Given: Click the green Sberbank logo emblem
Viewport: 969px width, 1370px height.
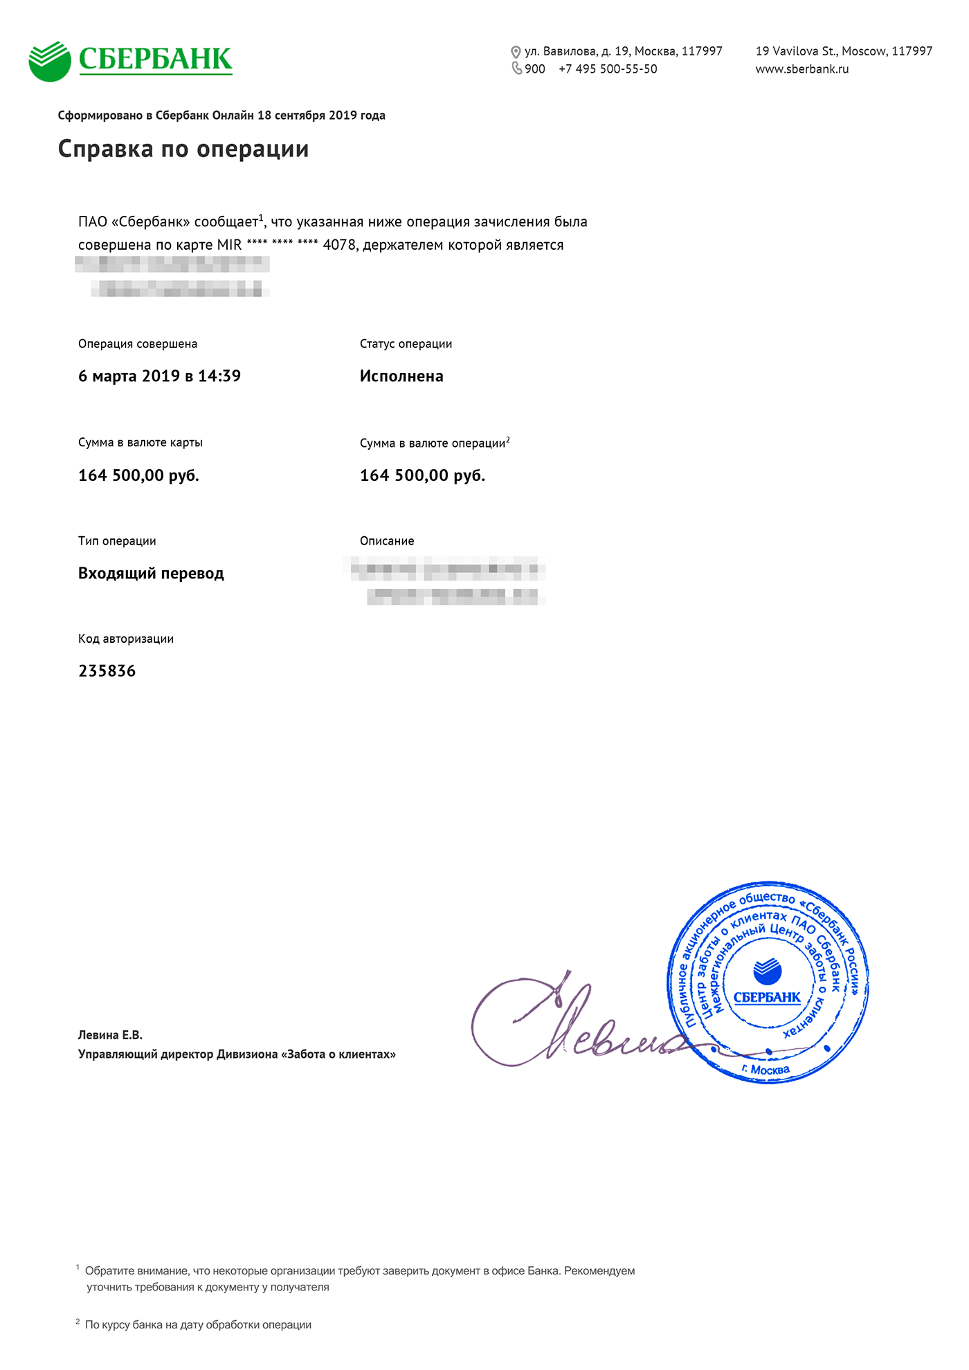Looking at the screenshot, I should pyautogui.click(x=50, y=61).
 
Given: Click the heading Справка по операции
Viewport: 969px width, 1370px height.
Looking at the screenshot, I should pyautogui.click(x=183, y=149).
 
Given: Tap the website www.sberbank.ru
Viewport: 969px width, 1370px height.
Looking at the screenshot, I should pyautogui.click(x=802, y=69).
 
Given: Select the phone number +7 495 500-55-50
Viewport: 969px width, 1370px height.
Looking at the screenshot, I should pyautogui.click(x=608, y=69).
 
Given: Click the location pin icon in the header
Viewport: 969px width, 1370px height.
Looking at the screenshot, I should pyautogui.click(x=516, y=52).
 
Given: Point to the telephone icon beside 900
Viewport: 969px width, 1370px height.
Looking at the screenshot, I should pyautogui.click(x=516, y=68).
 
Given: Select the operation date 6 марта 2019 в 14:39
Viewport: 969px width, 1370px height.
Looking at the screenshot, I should pyautogui.click(x=159, y=376).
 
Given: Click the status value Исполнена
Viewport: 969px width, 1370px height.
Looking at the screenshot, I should pyautogui.click(x=401, y=376).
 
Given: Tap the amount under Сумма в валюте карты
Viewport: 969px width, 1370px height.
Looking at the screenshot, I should pyautogui.click(x=138, y=475).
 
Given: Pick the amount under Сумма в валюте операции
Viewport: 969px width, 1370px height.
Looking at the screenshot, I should pyautogui.click(x=422, y=475).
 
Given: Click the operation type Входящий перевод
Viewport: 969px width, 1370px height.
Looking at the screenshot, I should pyautogui.click(x=151, y=574).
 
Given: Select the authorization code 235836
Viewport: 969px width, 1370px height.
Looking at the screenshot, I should pyautogui.click(x=107, y=671).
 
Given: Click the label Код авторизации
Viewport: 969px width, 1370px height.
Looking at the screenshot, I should pyautogui.click(x=126, y=639).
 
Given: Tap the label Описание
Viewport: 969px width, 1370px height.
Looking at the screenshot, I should pyautogui.click(x=387, y=541).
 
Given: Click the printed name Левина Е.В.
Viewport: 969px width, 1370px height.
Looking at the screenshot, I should pyautogui.click(x=110, y=1035).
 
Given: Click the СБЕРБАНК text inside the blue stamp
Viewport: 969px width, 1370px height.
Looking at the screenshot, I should pyautogui.click(x=767, y=997).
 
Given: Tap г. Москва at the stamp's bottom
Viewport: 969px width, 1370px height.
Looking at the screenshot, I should pyautogui.click(x=766, y=1070).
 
